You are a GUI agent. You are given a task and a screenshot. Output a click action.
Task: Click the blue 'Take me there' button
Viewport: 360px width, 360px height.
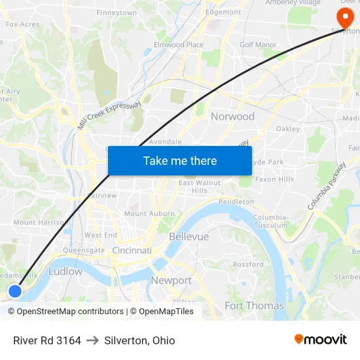tap(179, 160)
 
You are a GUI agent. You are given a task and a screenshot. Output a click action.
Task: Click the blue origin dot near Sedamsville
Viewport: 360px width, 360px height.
tap(14, 291)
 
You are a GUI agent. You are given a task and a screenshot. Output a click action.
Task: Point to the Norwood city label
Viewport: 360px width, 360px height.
tap(232, 117)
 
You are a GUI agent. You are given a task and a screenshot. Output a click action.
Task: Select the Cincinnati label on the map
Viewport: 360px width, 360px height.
tap(132, 251)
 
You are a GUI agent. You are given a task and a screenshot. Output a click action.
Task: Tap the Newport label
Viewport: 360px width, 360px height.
tap(171, 280)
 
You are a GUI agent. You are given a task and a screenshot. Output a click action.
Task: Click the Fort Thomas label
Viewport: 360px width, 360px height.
tap(254, 306)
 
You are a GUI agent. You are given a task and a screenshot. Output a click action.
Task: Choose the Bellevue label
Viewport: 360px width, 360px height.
tap(189, 236)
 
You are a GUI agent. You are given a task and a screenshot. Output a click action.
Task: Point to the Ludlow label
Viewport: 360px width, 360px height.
tap(65, 271)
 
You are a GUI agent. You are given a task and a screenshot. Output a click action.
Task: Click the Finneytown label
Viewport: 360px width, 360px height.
tap(117, 12)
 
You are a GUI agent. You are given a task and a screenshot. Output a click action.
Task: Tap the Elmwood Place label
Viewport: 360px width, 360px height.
tap(178, 45)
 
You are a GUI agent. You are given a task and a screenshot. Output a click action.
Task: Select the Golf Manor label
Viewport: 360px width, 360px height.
tap(258, 45)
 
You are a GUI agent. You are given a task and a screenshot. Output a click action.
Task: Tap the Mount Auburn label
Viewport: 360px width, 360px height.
tap(149, 213)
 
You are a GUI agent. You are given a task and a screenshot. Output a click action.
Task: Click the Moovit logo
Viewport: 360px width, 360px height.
tap(320, 340)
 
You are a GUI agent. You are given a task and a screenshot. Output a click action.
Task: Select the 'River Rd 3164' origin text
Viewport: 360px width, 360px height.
tap(47, 340)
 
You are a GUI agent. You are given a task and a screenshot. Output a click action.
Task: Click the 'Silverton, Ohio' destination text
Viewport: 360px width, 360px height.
tap(139, 340)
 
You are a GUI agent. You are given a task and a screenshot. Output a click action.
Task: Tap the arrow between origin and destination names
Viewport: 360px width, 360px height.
tap(92, 340)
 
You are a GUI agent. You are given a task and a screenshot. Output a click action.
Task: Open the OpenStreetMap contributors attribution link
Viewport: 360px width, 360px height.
tap(70, 312)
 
